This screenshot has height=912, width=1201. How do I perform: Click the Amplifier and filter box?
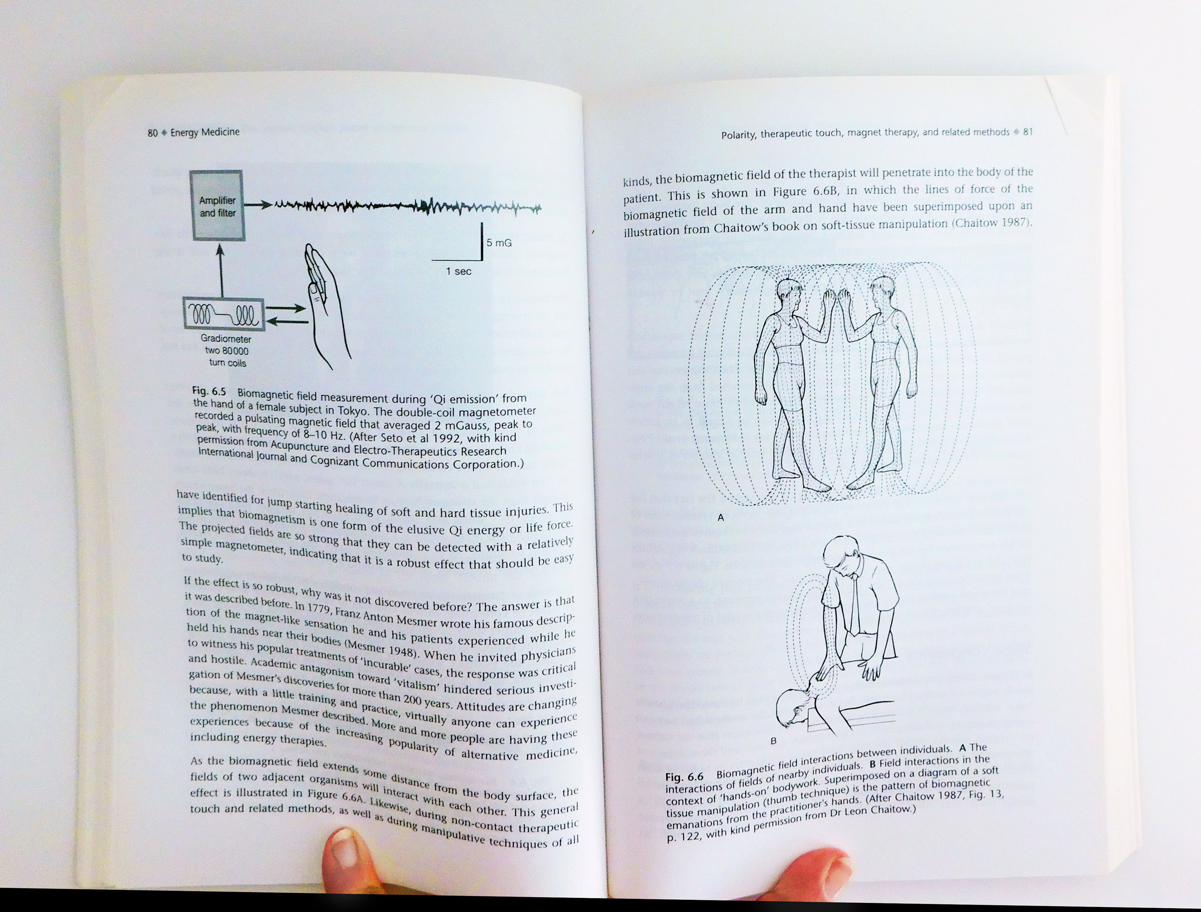pos(217,205)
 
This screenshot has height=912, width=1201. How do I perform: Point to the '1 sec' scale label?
pos(458,271)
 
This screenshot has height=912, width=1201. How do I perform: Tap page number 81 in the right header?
pos(1027,132)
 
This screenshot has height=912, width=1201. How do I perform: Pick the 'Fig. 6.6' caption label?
pos(684,776)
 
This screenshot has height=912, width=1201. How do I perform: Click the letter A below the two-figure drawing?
pos(721,517)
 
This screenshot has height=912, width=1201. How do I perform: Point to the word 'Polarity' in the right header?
pos(738,135)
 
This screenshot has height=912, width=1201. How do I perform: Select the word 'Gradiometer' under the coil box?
pos(226,339)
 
